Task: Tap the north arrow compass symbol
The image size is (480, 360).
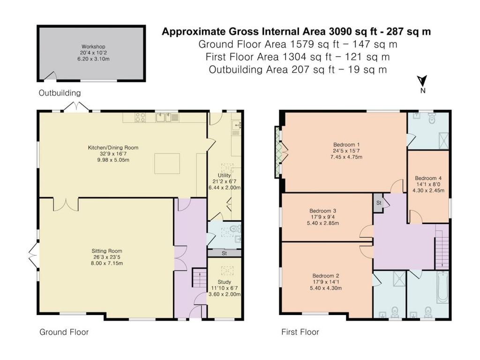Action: [x=422, y=84]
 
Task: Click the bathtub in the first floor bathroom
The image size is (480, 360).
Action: [x=442, y=287]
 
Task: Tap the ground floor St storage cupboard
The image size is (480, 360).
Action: [x=225, y=254]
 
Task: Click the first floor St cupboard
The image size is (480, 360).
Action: [x=378, y=202]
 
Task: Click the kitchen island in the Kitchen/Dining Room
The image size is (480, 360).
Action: [x=167, y=164]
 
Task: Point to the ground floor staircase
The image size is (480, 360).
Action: [x=199, y=277]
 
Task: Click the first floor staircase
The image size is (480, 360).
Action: [x=442, y=247]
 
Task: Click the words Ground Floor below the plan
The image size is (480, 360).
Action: [x=64, y=332]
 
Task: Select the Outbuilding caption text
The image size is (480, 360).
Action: [x=60, y=93]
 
